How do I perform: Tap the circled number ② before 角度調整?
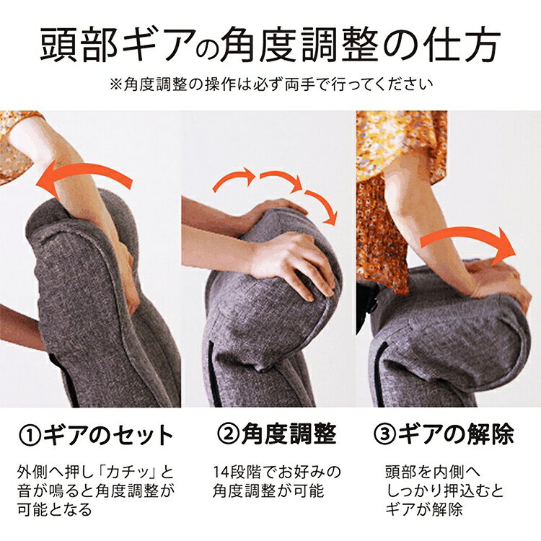click(x=229, y=434)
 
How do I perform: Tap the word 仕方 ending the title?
click(x=462, y=46)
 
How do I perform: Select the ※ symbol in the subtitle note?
click(x=116, y=84)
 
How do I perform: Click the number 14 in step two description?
click(x=221, y=472)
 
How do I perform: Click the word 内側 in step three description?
click(x=449, y=472)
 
